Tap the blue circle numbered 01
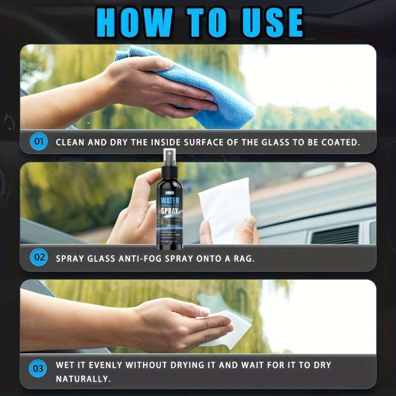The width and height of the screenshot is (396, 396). click(39, 142)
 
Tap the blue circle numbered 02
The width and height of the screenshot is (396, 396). click(39, 258)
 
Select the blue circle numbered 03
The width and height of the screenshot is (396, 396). click(39, 369)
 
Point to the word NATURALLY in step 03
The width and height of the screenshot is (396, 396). click(82, 380)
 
